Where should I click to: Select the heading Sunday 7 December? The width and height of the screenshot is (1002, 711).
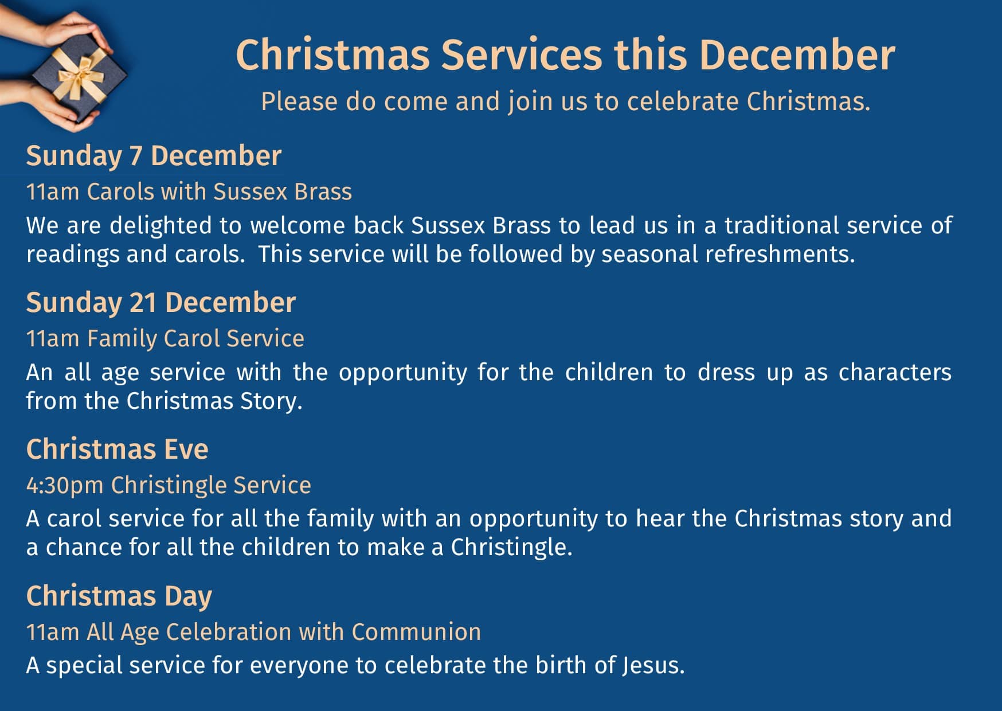pyautogui.click(x=154, y=156)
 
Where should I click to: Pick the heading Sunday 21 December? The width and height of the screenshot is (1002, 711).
pyautogui.click(x=161, y=303)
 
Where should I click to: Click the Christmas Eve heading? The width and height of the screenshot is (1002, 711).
pyautogui.click(x=118, y=449)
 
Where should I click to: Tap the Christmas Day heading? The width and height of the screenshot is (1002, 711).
pyautogui.click(x=119, y=596)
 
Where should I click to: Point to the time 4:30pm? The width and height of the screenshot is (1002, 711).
pyautogui.click(x=65, y=486)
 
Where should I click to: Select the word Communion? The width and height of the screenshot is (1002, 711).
pyautogui.click(x=416, y=632)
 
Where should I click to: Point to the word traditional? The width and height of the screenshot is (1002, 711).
pyautogui.click(x=780, y=225)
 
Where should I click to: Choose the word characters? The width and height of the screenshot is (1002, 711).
pyautogui.click(x=895, y=373)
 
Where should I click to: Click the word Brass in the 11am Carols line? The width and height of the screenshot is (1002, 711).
pyautogui.click(x=323, y=192)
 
